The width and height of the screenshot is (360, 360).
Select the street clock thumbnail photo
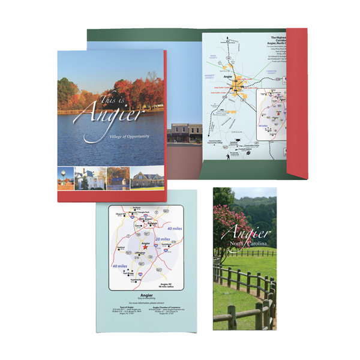[x=65, y=178]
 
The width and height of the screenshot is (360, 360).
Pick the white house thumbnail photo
[x=82, y=178]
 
